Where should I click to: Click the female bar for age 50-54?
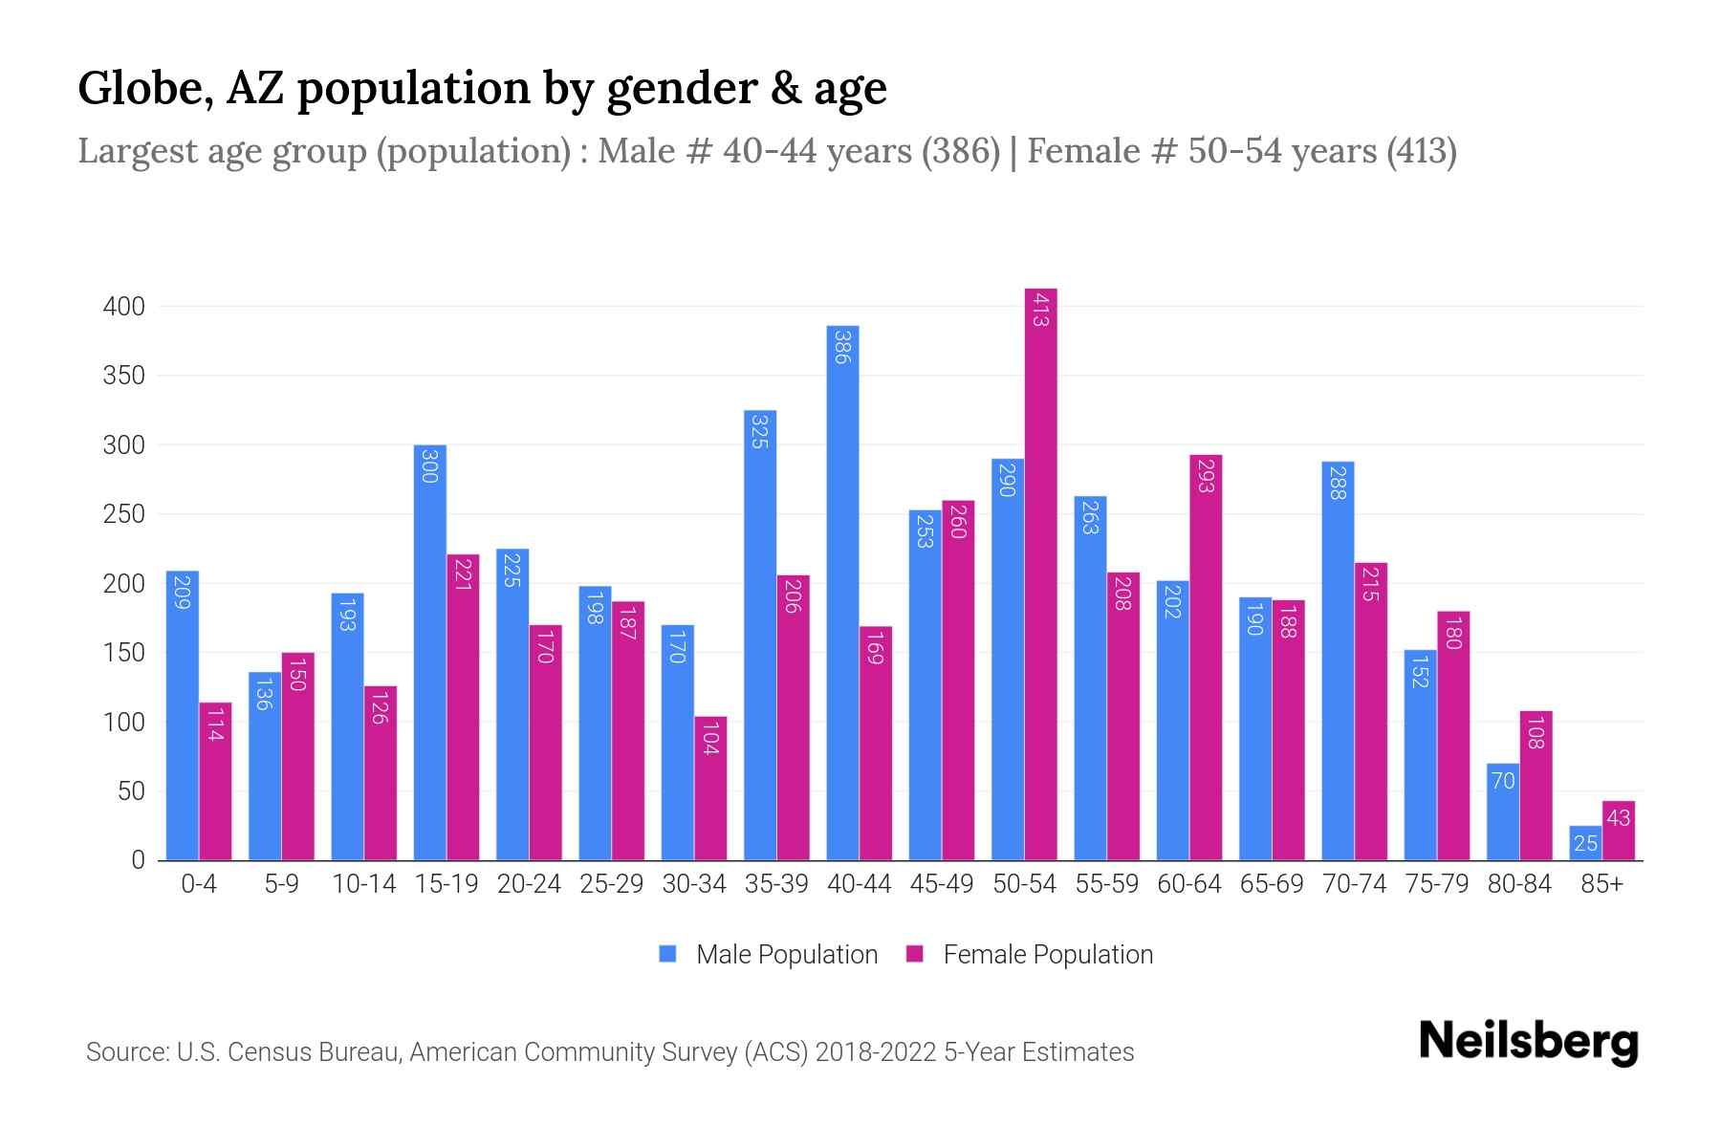point(1040,573)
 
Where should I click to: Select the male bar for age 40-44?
point(842,593)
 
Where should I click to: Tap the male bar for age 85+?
point(1585,843)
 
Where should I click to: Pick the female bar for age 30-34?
point(710,789)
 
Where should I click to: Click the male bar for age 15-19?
point(430,652)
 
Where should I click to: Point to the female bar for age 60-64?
point(1206,658)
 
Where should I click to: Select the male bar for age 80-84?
point(1503,812)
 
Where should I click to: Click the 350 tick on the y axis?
point(124,376)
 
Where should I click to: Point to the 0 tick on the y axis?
point(138,860)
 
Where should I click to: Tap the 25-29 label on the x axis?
point(612,884)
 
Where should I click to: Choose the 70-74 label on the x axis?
point(1354,884)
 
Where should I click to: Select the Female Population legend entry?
point(1029,955)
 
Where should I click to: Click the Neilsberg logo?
point(1528,1043)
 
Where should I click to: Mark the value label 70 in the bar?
point(1503,781)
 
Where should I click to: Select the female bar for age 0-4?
point(215,781)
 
